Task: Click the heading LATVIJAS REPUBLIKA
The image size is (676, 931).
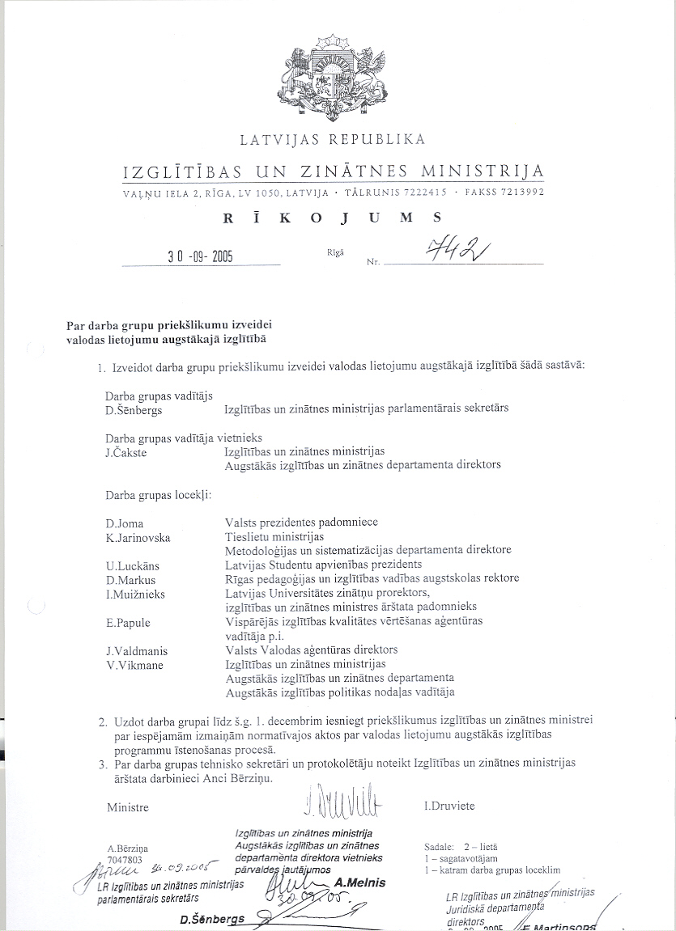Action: [x=333, y=140]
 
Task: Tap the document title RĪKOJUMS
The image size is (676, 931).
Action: [x=333, y=217]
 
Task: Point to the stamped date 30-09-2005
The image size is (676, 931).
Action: [x=200, y=257]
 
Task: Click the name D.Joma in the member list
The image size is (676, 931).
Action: [x=124, y=523]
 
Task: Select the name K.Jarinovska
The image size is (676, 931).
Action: [x=138, y=537]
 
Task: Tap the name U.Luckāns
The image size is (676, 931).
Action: [x=132, y=565]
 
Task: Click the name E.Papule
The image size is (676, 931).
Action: [x=128, y=622]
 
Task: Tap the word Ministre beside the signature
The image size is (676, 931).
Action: [x=128, y=807]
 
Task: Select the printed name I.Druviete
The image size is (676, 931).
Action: [x=449, y=806]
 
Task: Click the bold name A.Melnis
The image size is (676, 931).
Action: [x=359, y=882]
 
